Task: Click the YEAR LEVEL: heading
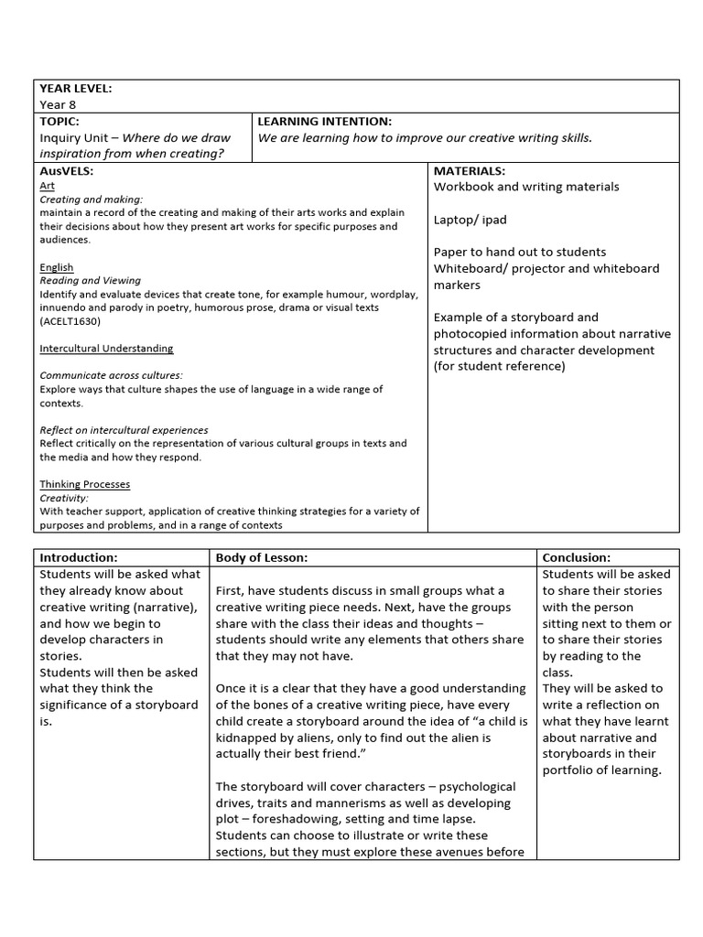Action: [75, 89]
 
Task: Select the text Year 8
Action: [57, 105]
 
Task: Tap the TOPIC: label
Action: [59, 121]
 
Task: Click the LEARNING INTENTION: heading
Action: [325, 121]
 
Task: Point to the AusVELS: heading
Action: [67, 171]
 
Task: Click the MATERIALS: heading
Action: [470, 171]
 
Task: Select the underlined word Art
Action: [48, 185]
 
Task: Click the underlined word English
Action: [57, 267]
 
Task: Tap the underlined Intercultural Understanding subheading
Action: [106, 349]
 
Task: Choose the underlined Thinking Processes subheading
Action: [85, 484]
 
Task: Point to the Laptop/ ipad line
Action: [470, 220]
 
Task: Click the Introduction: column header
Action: [78, 557]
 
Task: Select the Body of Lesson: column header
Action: [262, 557]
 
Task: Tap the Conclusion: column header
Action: [577, 557]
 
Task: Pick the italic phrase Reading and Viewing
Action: [90, 281]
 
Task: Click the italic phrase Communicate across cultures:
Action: [111, 375]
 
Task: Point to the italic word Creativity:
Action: [64, 498]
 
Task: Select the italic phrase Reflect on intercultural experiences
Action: [124, 430]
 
